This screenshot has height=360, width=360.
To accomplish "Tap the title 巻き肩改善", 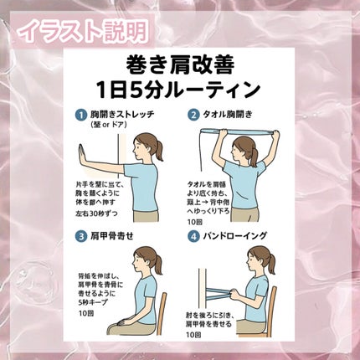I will point(180,63).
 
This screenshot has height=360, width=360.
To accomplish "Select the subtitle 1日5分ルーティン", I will point(180,89).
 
